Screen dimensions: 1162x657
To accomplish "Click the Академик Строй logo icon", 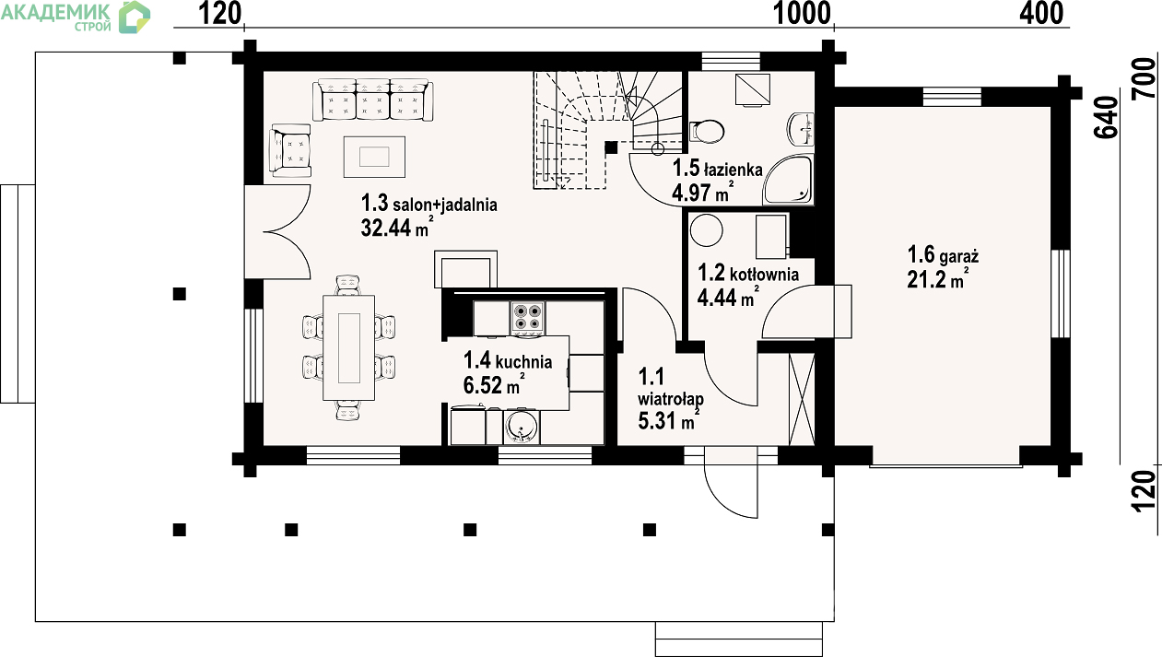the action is [134, 17].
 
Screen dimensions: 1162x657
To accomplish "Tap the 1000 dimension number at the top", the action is [802, 14].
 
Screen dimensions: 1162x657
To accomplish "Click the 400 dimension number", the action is [1041, 13].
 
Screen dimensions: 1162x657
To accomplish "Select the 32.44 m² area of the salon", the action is [397, 227].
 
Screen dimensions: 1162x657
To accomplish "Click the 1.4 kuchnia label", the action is [508, 360].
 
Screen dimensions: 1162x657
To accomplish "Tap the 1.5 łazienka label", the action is [718, 169].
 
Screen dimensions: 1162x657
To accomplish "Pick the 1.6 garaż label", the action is [943, 255].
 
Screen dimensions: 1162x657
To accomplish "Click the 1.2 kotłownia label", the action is [748, 273].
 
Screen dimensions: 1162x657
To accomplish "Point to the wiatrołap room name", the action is [670, 399].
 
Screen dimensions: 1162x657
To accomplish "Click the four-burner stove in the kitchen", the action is [527, 317].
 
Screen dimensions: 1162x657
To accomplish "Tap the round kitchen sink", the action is [521, 428].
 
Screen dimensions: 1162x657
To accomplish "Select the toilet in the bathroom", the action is [706, 132].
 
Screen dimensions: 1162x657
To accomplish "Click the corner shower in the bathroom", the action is [788, 180].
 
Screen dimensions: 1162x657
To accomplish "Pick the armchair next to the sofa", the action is [290, 150].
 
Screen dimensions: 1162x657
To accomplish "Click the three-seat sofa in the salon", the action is [373, 100].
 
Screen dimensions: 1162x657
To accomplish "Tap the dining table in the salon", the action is [348, 347].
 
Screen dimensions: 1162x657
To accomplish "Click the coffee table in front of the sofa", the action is [374, 156].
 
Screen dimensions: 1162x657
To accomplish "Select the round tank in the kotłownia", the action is [706, 230].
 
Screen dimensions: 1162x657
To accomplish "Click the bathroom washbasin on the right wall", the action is [801, 129].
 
